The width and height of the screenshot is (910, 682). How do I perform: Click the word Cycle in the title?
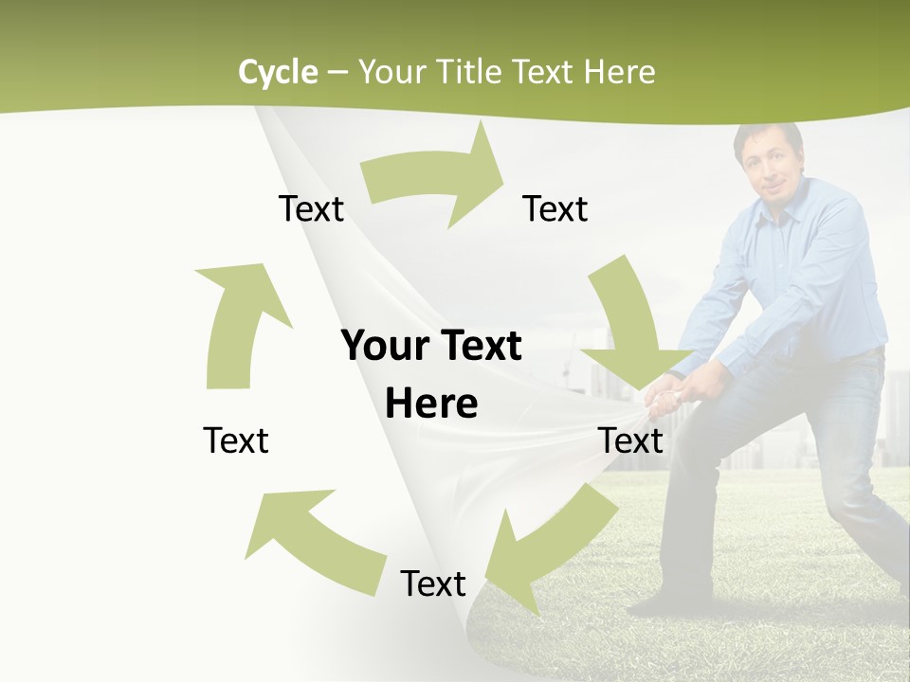pos(278,72)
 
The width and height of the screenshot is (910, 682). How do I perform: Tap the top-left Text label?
pos(311,208)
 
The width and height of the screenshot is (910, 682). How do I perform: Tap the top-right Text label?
pos(555,208)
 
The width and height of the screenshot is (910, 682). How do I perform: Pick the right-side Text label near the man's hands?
pos(631,440)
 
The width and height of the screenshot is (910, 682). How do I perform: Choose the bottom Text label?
pos(433,583)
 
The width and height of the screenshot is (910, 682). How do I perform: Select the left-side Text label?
pos(236,440)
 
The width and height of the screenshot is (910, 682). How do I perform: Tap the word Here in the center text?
pos(431,404)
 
